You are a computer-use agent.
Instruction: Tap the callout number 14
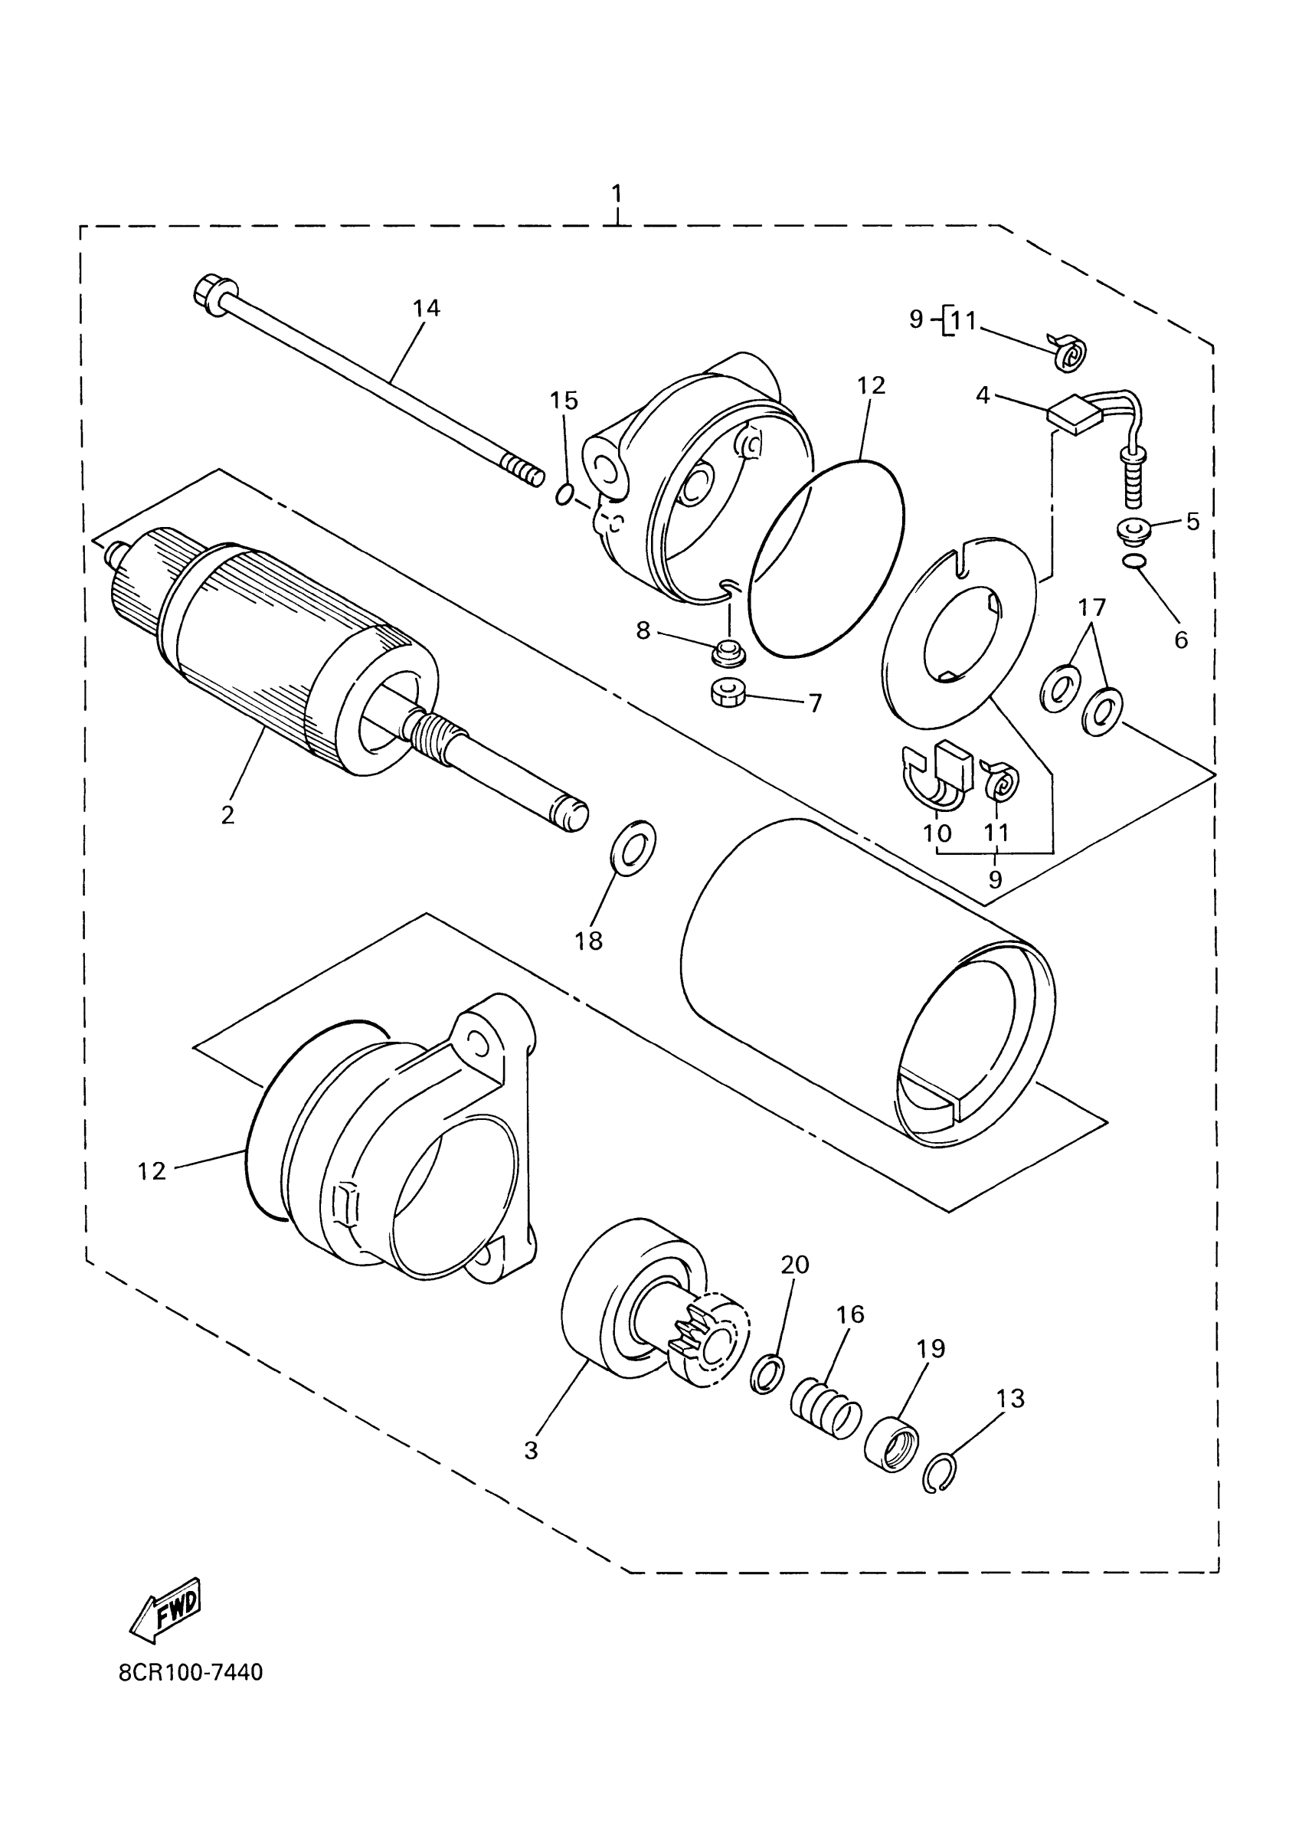tap(427, 308)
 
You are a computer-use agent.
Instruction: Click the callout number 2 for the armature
tap(228, 815)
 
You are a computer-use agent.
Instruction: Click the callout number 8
tap(643, 631)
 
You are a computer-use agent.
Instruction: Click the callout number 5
tap(1192, 522)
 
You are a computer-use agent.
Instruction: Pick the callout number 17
tap(1091, 607)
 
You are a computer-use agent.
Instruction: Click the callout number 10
tap(937, 833)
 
